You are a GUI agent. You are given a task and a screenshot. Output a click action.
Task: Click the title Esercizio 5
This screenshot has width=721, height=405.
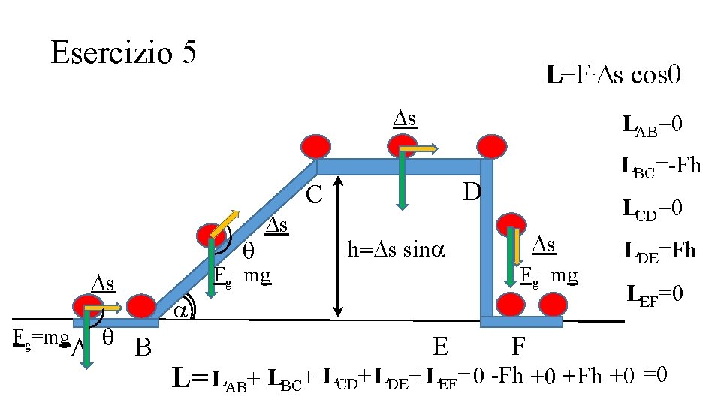pos(123,52)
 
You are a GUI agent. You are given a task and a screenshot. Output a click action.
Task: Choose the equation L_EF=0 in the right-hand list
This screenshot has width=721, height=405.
pos(655,292)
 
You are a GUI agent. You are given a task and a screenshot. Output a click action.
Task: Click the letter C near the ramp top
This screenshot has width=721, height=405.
pos(314,196)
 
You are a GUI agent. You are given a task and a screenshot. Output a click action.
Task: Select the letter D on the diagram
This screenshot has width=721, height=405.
pos(471,192)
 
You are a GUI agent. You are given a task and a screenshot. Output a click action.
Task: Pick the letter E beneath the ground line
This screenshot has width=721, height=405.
pos(442,347)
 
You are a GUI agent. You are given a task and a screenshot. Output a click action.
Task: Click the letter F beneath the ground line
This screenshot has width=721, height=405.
pos(518,347)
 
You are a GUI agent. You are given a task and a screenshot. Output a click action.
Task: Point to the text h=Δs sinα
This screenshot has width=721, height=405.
pos(397,249)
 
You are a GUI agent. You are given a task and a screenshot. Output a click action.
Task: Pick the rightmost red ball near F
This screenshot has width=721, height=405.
pos(552,304)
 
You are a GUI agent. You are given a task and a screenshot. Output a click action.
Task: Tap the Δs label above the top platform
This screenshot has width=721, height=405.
pos(406,118)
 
